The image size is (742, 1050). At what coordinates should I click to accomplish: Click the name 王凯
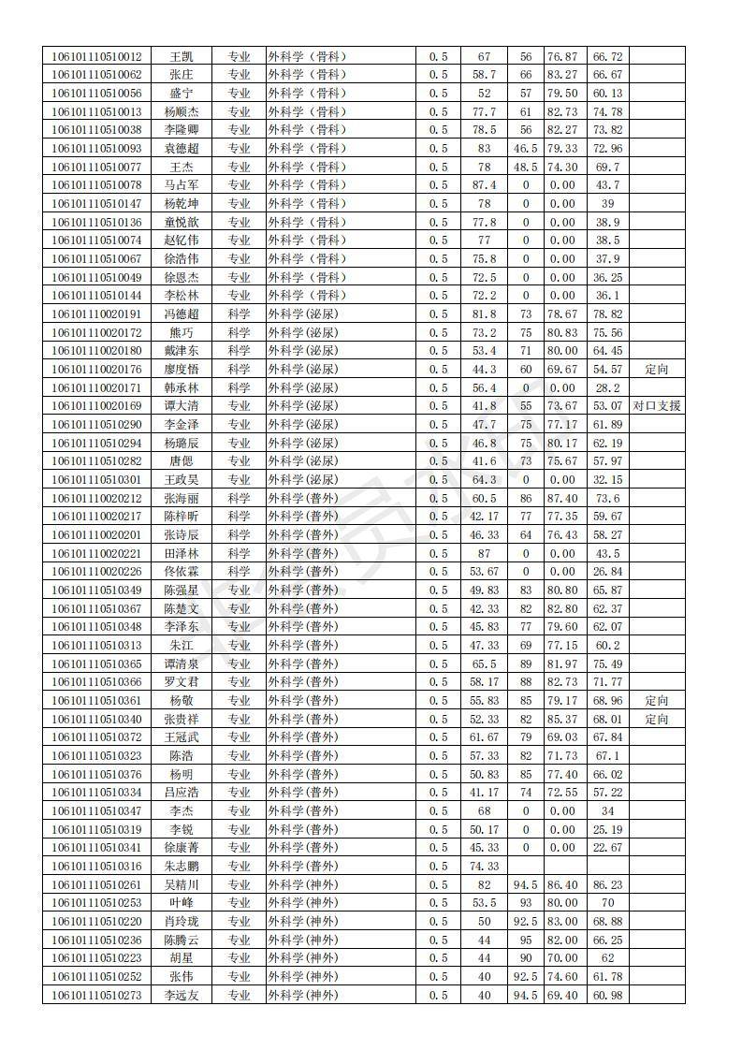point(182,56)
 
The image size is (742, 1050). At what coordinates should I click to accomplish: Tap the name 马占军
point(182,185)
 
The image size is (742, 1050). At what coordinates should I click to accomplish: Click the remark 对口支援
point(657,406)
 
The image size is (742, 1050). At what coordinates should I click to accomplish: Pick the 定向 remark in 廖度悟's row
point(657,370)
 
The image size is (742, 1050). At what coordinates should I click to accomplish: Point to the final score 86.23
point(607,884)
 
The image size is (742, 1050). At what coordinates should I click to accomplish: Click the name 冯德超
point(182,314)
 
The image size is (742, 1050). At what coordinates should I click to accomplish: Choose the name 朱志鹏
point(182,866)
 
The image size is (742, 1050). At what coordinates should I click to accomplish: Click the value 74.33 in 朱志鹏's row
point(484,866)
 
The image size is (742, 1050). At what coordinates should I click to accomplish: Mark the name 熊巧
point(182,332)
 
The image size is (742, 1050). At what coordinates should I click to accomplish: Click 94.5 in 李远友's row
point(526,995)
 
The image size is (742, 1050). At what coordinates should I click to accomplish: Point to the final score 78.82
point(607,314)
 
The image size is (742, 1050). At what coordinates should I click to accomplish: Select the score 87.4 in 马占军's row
point(484,185)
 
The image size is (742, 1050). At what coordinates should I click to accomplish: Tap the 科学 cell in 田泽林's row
point(239,553)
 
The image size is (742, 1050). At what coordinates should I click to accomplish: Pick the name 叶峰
point(182,903)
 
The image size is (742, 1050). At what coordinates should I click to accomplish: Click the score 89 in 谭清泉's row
point(526,664)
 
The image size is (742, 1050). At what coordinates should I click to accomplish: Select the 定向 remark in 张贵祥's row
point(657,719)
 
